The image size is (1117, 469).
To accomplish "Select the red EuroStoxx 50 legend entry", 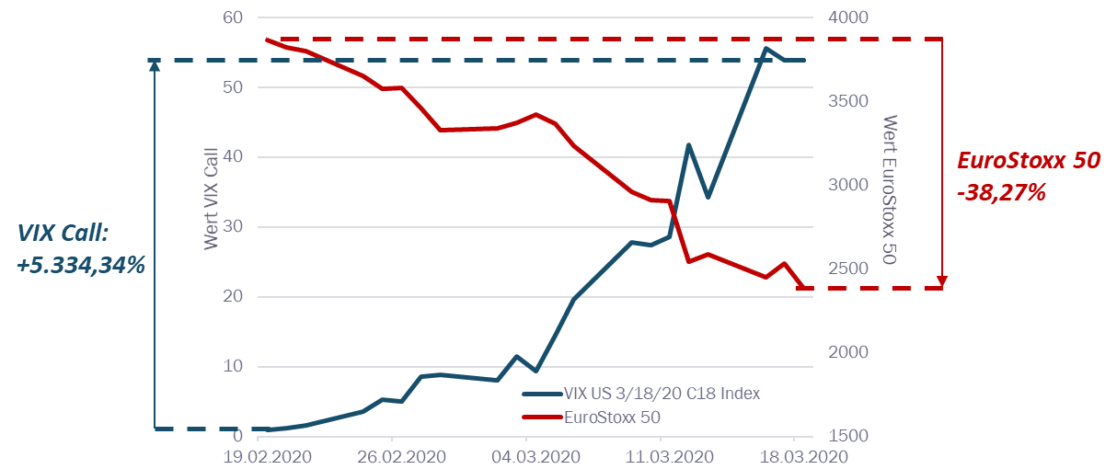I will (x=627, y=418).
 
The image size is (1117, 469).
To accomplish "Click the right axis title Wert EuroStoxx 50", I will (x=889, y=190).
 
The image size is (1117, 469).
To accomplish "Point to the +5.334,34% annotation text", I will (x=82, y=265).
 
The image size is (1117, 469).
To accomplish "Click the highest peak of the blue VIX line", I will (x=766, y=48).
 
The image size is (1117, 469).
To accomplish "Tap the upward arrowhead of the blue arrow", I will (x=155, y=64).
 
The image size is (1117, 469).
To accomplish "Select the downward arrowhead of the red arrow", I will (x=942, y=281).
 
